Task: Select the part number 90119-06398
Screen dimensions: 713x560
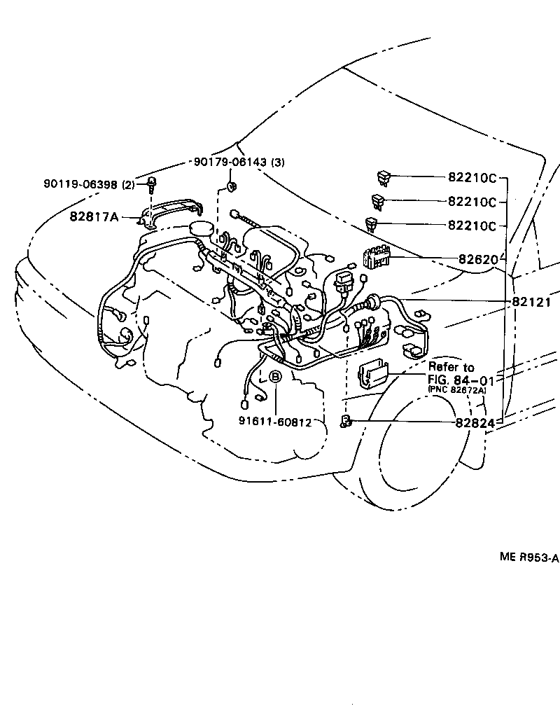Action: tap(80, 184)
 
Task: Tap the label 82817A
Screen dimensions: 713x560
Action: tap(94, 216)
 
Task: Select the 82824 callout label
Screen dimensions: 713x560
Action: tap(475, 423)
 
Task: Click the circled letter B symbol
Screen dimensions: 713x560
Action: tap(275, 378)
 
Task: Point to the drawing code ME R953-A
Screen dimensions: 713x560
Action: tap(528, 558)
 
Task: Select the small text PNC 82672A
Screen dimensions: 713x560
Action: tap(456, 390)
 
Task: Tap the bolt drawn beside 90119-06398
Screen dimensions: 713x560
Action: tap(151, 184)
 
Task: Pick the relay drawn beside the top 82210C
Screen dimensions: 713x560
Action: tap(384, 177)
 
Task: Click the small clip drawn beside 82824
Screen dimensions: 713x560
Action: tap(346, 420)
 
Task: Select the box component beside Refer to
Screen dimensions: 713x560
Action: tap(373, 374)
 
